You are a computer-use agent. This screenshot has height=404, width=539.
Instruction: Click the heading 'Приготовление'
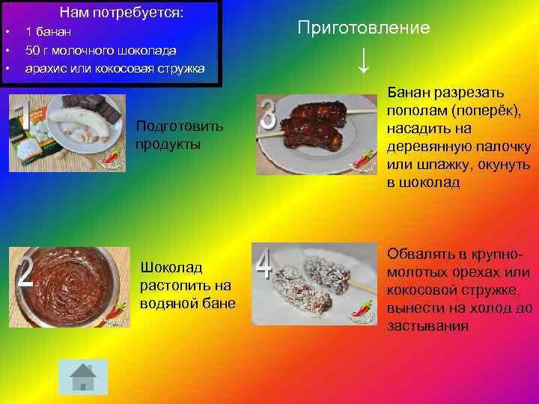click(x=363, y=28)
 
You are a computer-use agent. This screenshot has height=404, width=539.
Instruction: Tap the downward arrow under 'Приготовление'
click(x=363, y=60)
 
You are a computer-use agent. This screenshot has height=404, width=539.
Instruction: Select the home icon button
click(x=82, y=376)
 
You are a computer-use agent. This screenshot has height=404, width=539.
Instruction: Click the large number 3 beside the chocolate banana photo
click(x=268, y=120)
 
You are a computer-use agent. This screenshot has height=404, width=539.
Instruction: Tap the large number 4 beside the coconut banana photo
click(x=264, y=264)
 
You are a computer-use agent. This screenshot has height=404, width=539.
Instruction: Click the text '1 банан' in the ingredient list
click(x=49, y=31)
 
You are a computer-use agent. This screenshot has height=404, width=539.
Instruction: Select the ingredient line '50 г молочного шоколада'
click(x=101, y=50)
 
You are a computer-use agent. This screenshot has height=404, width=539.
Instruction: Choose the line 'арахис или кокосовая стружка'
click(x=115, y=69)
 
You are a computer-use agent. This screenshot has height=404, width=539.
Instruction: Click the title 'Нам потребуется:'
click(x=121, y=13)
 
